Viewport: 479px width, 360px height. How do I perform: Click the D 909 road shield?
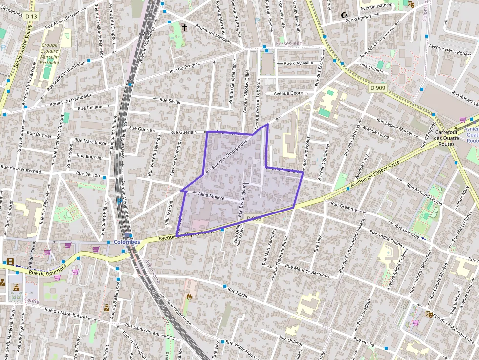tap(377, 88)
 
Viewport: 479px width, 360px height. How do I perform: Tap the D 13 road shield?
tap(31, 16)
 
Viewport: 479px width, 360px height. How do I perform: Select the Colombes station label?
tap(127, 242)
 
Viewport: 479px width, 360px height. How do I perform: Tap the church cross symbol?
tap(184, 27)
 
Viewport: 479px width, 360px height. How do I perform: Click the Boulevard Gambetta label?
tap(70, 100)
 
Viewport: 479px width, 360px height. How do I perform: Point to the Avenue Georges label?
tap(291, 93)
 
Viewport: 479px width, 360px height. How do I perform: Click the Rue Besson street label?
tap(88, 173)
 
